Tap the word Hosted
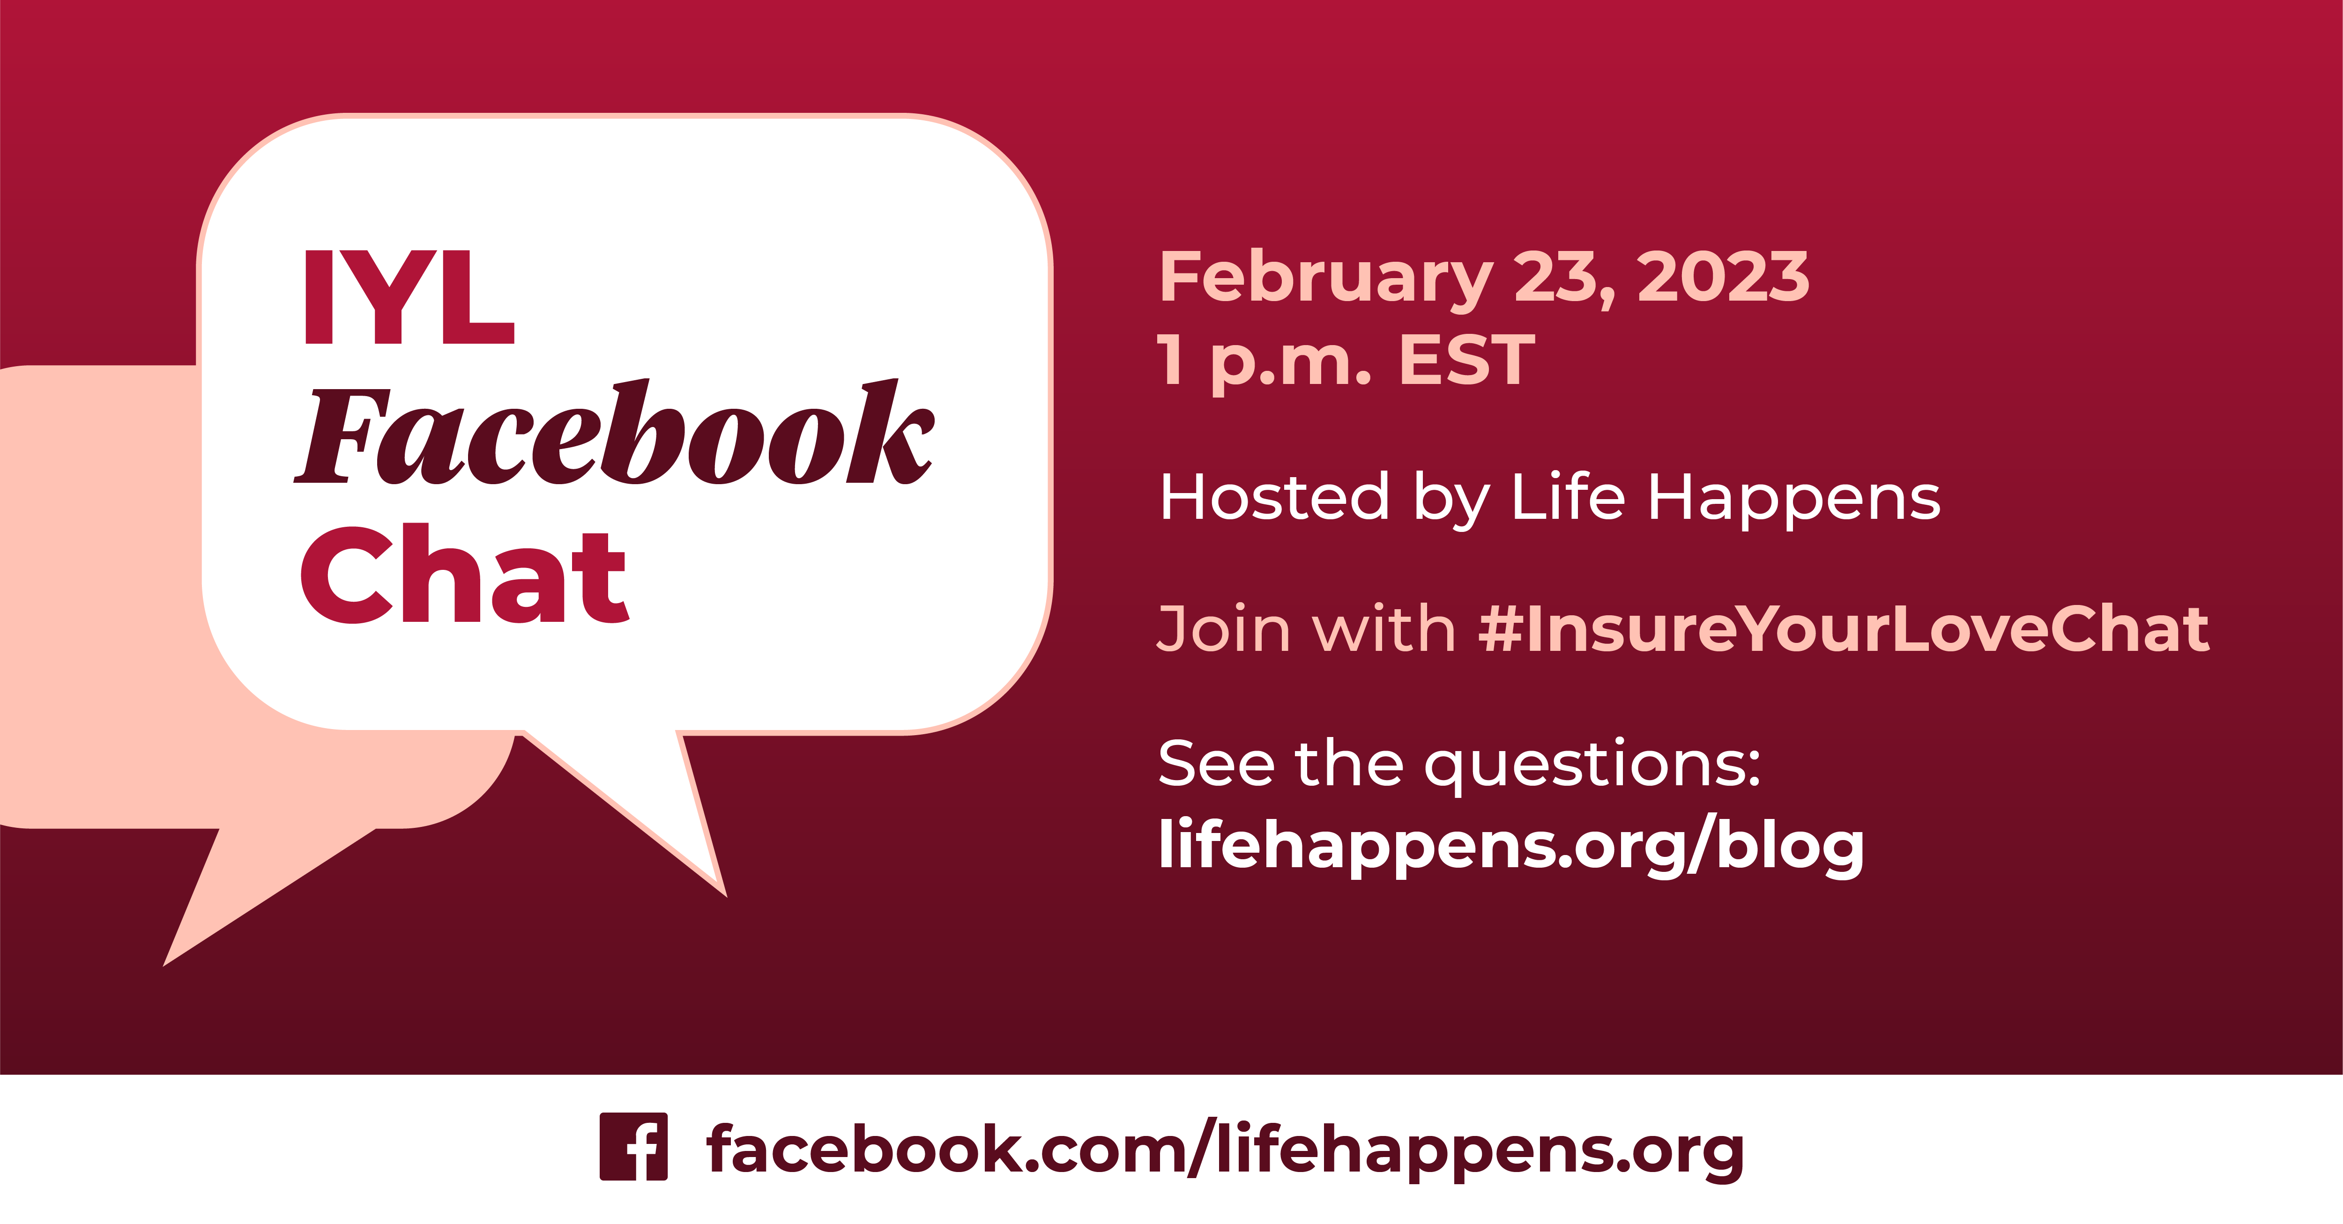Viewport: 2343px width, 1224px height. click(1273, 498)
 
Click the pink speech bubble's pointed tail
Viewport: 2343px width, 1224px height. click(227, 900)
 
